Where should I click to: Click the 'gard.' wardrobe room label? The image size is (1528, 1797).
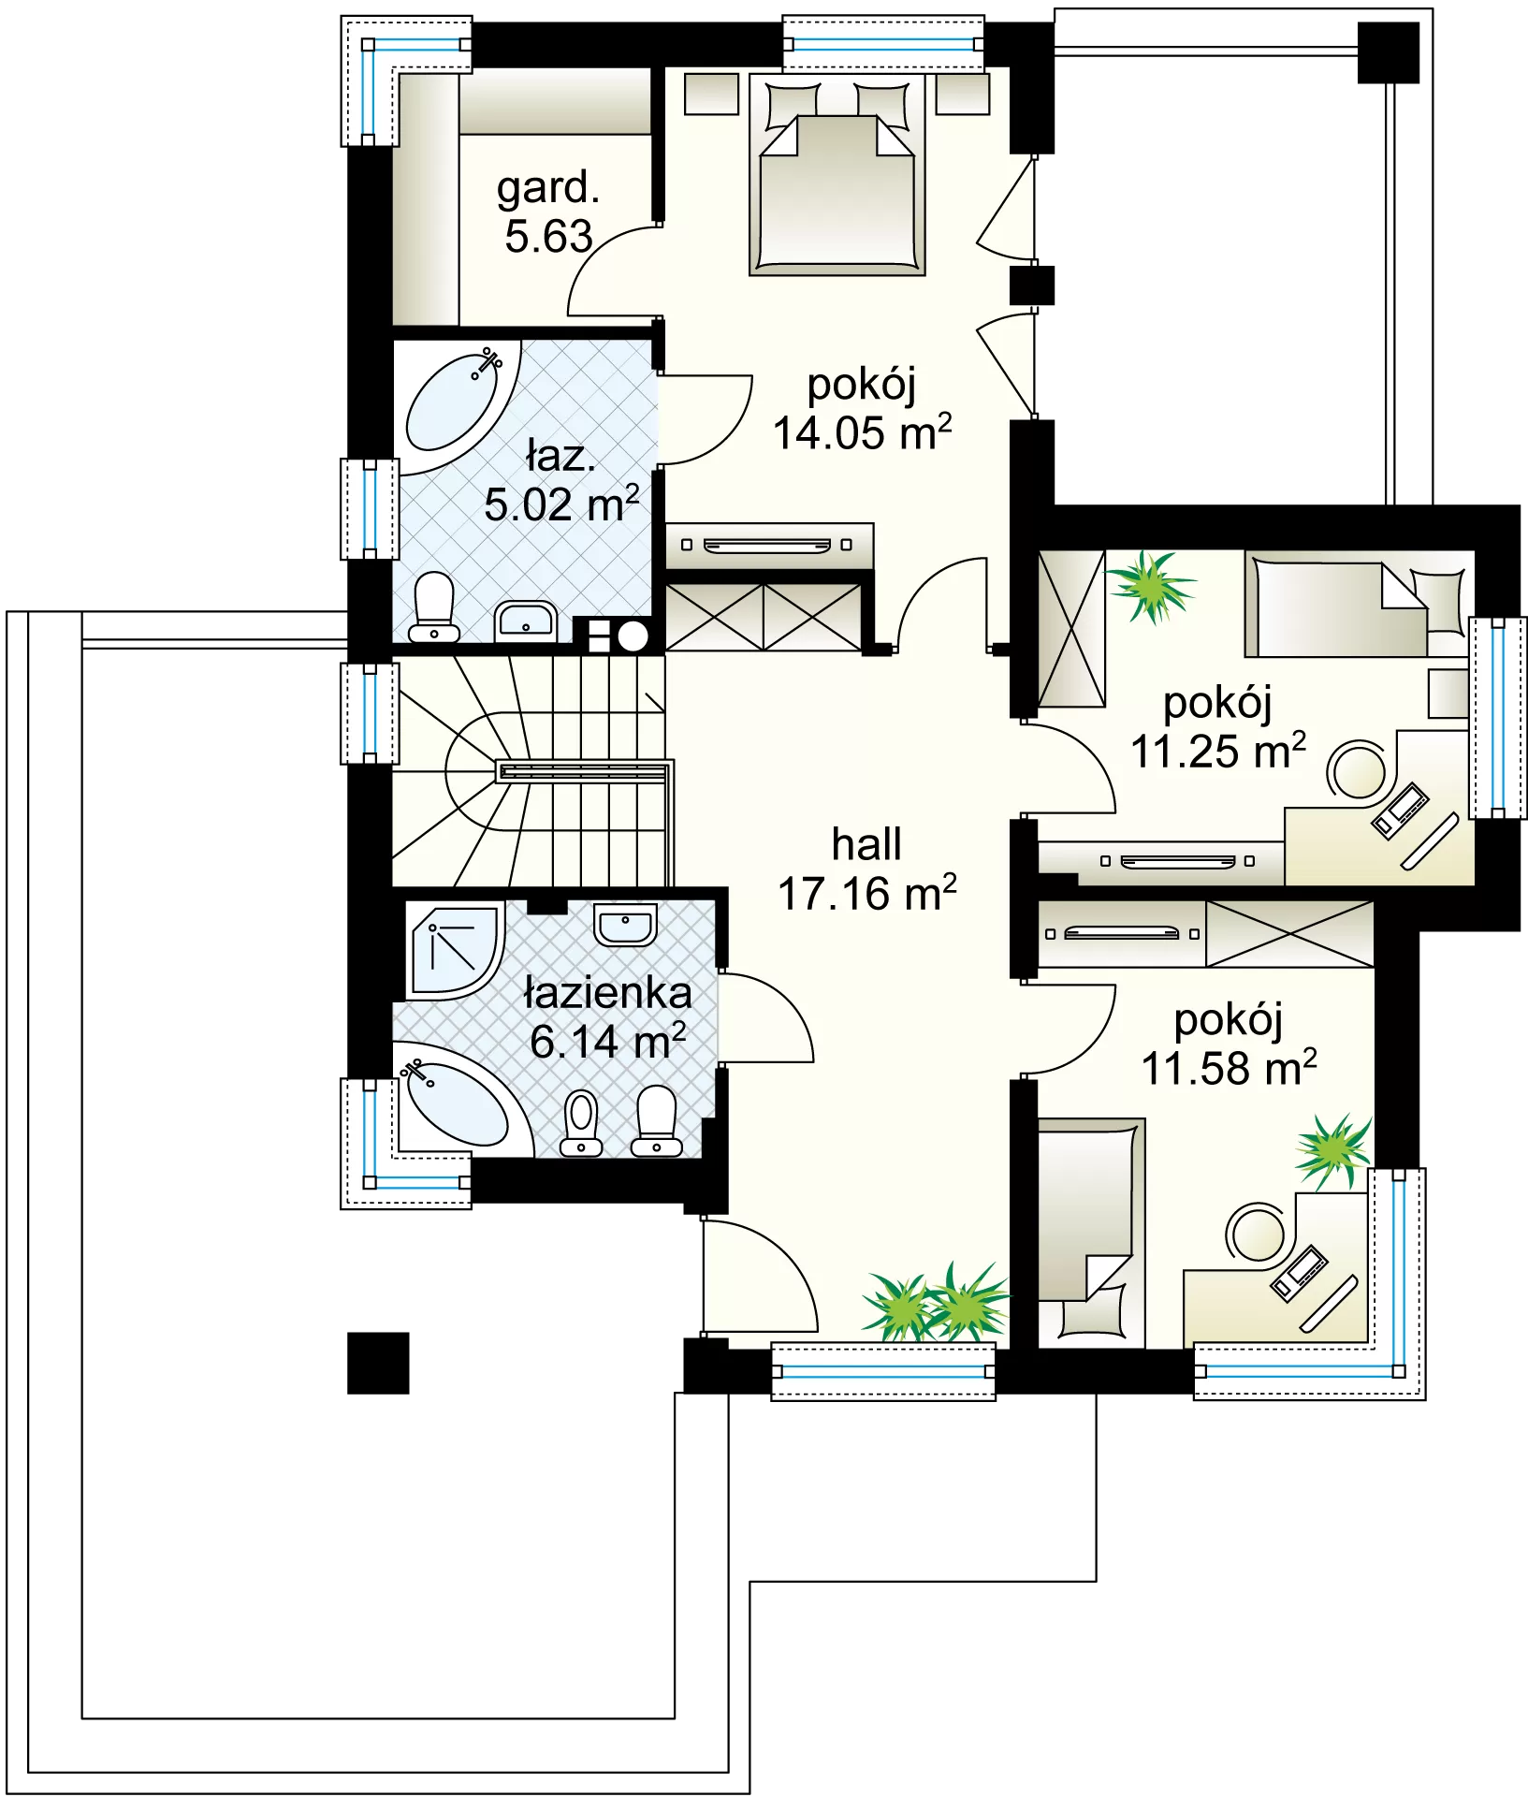coord(547,190)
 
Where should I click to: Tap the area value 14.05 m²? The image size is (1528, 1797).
coord(862,432)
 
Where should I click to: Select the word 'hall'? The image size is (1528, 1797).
coord(866,844)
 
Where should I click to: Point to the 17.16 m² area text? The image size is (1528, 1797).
coord(867,893)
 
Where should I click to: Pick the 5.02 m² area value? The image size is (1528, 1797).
coord(561,504)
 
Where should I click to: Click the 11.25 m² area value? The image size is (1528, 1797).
coord(1218,751)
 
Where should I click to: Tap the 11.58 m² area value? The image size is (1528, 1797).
coord(1229,1068)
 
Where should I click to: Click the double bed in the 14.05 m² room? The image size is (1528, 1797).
coord(837,175)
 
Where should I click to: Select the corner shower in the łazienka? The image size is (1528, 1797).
coord(456,949)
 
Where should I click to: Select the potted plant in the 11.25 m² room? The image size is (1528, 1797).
coord(1150,586)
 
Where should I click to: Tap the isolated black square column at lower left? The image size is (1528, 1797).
coord(378,1363)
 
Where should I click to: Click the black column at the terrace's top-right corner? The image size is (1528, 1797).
coord(1389,52)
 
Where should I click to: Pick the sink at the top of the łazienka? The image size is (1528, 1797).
coord(625,925)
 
